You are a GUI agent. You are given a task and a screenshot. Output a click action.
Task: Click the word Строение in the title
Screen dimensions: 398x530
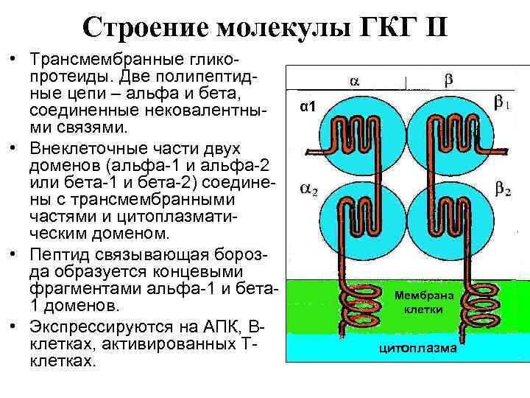146,28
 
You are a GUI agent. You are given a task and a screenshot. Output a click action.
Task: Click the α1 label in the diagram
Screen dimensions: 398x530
308,108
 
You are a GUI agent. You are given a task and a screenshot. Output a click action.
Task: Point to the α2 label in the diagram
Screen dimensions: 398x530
308,189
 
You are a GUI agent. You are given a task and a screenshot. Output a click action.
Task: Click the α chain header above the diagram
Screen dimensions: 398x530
355,79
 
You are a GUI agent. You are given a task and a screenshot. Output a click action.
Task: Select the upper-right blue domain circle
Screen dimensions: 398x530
450,133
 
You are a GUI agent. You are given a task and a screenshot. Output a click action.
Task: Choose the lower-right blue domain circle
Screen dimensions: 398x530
450,221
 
